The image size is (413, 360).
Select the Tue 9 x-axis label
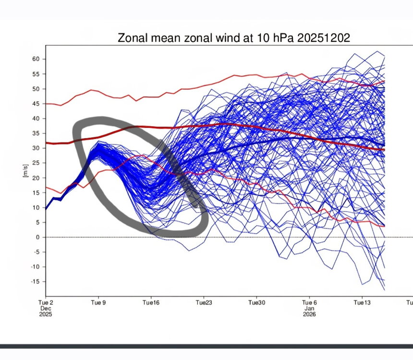(x=98, y=303)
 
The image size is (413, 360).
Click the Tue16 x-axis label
(x=151, y=303)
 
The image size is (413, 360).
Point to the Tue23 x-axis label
(x=204, y=303)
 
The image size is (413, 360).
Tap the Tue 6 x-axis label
(x=309, y=303)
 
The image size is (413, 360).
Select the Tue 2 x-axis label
(x=46, y=303)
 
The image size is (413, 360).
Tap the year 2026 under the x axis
(x=309, y=314)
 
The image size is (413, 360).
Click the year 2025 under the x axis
(x=46, y=314)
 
